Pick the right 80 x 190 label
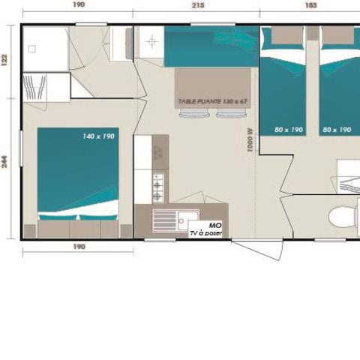[337, 130]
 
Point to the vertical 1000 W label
[250, 139]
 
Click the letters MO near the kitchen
[215, 225]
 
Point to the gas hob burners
[158, 187]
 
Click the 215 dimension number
[196, 4]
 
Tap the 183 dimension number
[309, 4]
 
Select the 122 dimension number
[5, 61]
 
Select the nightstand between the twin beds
[313, 34]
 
